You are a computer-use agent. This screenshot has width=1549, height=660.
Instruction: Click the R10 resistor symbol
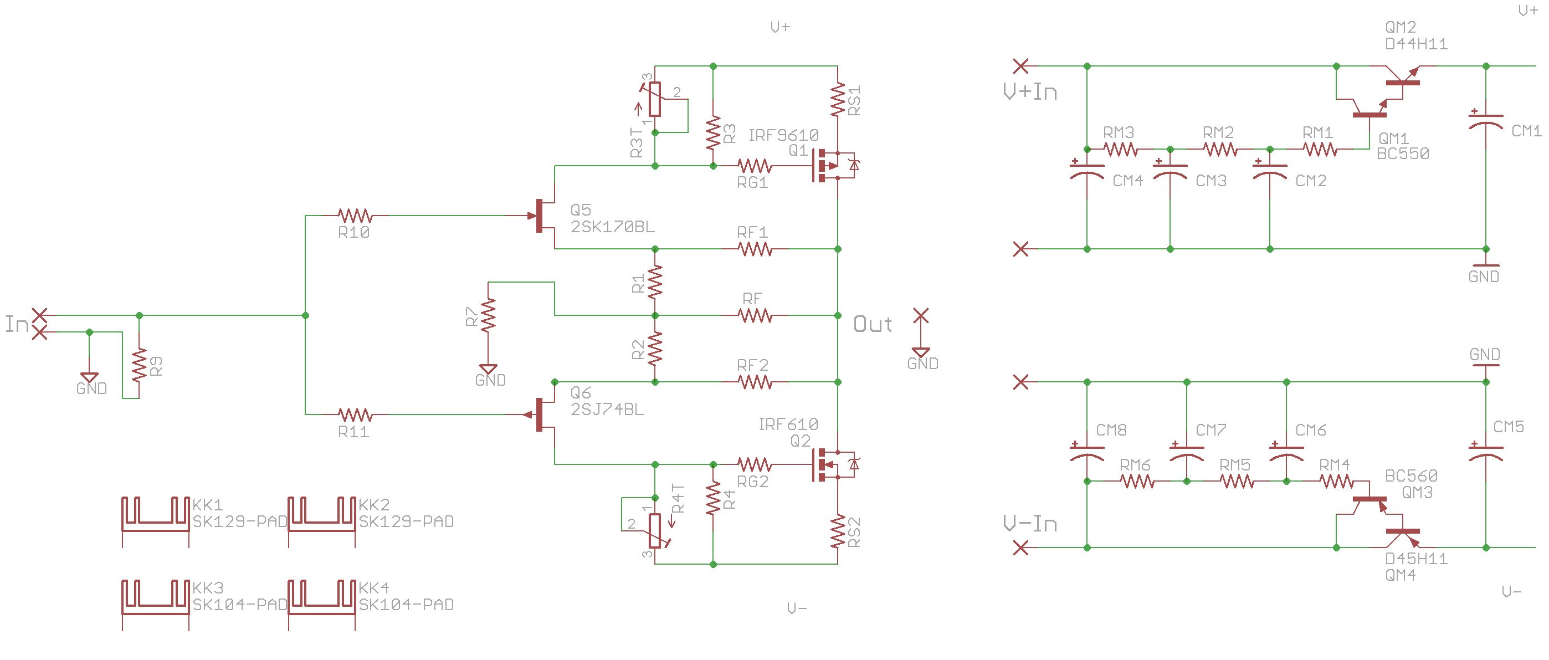(355, 216)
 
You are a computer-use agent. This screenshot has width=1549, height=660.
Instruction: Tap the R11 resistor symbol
(355, 415)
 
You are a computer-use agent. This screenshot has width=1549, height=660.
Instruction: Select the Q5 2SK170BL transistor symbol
(542, 216)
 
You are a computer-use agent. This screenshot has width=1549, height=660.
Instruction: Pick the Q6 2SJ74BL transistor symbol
(542, 415)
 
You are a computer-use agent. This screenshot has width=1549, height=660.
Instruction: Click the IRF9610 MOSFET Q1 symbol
(833, 166)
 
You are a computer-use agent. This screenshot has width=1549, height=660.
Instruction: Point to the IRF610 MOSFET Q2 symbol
(833, 464)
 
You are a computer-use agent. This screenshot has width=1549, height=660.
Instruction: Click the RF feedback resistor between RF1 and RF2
(755, 315)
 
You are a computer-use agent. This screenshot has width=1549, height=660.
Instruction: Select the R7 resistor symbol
(488, 315)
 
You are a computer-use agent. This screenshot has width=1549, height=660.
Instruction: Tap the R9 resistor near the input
(140, 365)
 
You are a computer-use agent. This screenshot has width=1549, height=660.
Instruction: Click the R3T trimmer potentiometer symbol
(655, 99)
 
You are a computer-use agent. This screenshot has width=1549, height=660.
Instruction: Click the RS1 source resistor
(838, 99)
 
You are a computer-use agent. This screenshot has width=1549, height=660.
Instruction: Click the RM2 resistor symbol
(1220, 149)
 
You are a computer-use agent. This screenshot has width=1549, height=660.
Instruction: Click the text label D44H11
(1416, 44)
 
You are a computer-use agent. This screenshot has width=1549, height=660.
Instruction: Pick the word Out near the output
(873, 324)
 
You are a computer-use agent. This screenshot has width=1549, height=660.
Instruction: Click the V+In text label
(1030, 91)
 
